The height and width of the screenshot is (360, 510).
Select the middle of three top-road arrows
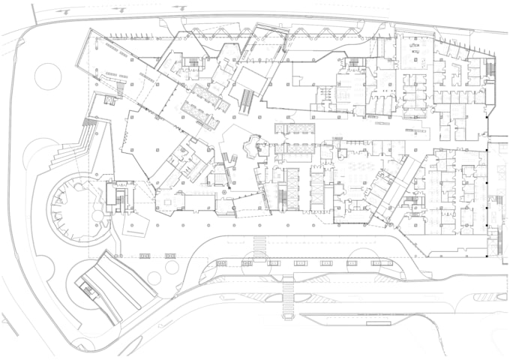coord(121,10)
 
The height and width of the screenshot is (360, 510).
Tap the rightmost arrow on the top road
coord(178,7)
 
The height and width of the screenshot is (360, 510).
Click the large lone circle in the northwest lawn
coord(47,76)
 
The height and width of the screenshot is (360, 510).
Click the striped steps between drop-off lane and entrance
coord(259,245)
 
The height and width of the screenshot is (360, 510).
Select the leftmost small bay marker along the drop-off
coord(145,256)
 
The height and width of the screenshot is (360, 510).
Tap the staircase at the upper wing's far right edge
coord(491,70)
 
